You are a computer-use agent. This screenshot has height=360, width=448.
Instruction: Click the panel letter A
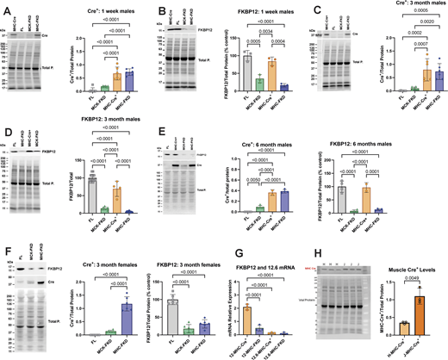point(5,7)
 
